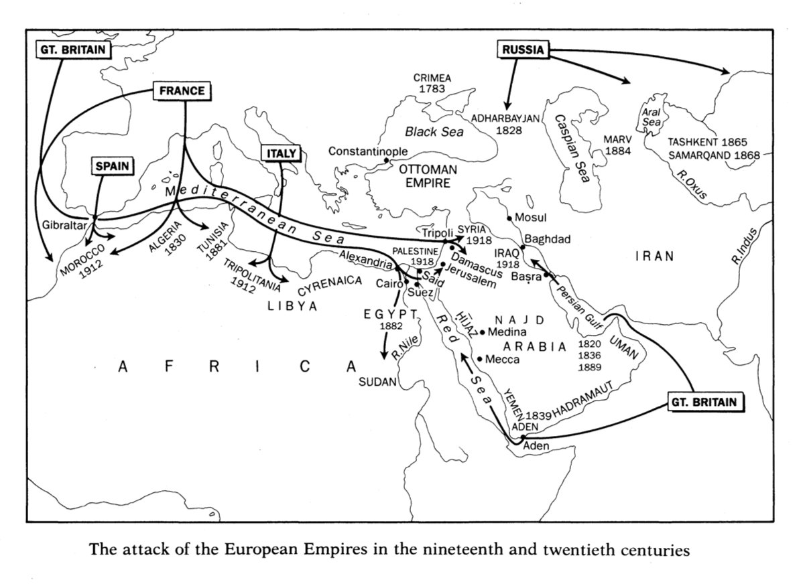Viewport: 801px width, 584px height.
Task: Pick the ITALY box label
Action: [281, 153]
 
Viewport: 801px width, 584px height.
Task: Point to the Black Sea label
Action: [434, 132]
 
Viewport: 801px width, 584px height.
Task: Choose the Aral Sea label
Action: [652, 119]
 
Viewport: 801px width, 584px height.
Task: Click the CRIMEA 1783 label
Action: [432, 83]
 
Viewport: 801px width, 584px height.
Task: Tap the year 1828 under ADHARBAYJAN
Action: [509, 131]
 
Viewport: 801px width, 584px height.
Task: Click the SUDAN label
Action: [378, 382]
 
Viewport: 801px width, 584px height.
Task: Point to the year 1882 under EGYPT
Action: [390, 326]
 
